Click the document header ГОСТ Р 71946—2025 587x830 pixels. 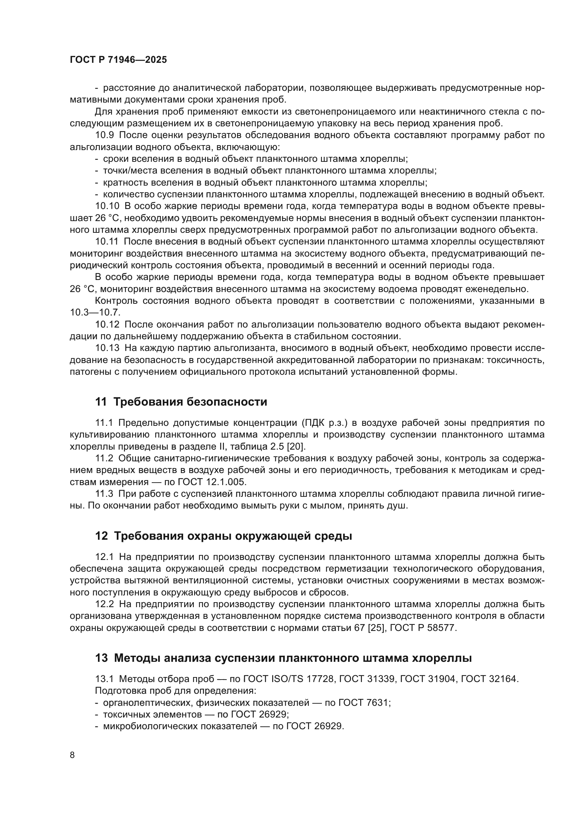pyautogui.click(x=119, y=60)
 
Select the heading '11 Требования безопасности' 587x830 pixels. pyautogui.click(x=181, y=402)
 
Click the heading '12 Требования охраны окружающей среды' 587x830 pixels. pyautogui.click(x=223, y=536)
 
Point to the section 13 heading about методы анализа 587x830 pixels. pyautogui.click(x=283, y=658)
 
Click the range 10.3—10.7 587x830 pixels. pyautogui.click(x=95, y=312)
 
